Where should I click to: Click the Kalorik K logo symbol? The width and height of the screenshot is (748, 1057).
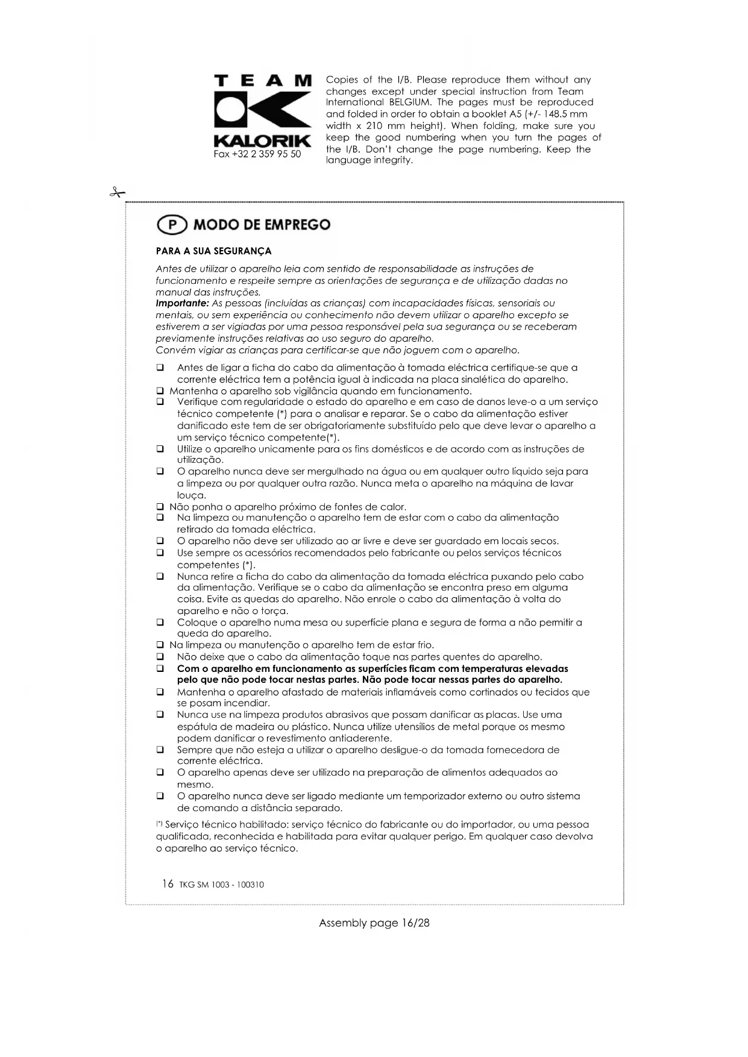[x=263, y=111]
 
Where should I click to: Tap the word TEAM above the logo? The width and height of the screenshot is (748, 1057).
[x=263, y=81]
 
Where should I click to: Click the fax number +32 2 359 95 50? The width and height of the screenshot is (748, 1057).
[x=257, y=154]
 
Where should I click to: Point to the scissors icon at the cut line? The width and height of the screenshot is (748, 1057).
[x=117, y=193]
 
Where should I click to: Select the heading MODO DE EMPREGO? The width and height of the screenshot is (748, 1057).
[x=262, y=225]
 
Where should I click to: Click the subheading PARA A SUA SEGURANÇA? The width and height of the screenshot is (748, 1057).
[x=213, y=251]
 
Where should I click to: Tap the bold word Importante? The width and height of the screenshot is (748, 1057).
[x=182, y=303]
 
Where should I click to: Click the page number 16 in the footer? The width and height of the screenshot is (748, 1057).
[x=168, y=884]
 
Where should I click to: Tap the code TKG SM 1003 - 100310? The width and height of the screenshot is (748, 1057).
[x=221, y=885]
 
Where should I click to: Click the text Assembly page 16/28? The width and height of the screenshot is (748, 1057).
[x=374, y=923]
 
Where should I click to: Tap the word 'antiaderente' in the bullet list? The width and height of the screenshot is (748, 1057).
[x=362, y=738]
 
